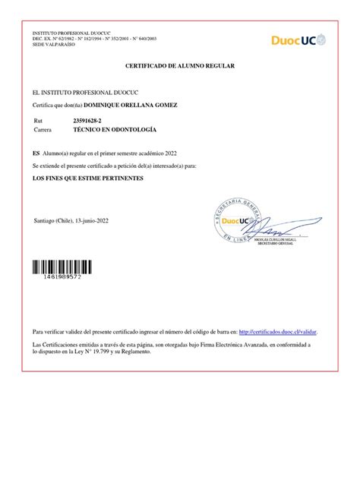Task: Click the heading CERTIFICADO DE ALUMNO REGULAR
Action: click(x=180, y=67)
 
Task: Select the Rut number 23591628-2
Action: click(x=89, y=121)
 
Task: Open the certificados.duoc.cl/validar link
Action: click(x=278, y=332)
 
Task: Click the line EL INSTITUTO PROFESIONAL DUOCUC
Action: click(x=74, y=92)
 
